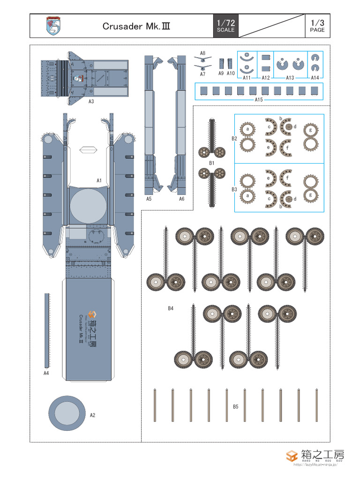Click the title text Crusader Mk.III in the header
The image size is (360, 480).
point(136,26)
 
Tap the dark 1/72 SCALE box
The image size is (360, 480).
point(225,26)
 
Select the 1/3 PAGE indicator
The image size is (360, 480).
point(317,26)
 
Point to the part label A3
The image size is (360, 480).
point(91,101)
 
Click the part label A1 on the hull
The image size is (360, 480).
point(99,180)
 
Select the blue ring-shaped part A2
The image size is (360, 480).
point(67,412)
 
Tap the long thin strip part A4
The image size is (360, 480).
point(46,330)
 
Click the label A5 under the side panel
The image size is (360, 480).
point(149,199)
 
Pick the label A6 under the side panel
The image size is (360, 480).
point(181,199)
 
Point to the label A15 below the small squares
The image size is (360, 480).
point(259,99)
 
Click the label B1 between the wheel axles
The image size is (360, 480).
point(211,163)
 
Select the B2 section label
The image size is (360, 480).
point(234,138)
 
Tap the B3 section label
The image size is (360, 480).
point(234,189)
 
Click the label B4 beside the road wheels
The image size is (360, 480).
point(171,308)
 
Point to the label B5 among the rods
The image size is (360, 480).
point(236,406)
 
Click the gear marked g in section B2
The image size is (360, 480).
point(309,129)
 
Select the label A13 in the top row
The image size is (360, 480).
point(290,77)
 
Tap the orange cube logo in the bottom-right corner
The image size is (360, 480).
point(292,456)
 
